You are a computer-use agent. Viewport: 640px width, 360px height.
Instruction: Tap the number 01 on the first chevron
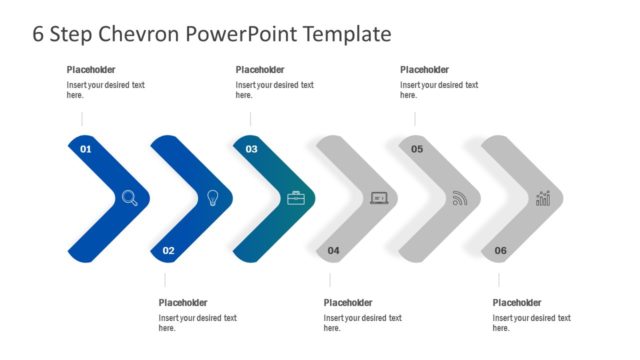pos(86,149)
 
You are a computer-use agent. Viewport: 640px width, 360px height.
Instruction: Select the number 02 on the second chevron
pos(168,250)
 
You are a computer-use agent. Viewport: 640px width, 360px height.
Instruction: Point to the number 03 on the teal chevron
pos(251,149)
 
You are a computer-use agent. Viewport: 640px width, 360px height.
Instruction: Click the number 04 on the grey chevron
pos(333,250)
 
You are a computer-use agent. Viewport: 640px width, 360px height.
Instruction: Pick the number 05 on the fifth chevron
pos(417,149)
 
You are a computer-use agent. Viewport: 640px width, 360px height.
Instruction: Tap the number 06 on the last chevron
pos(500,250)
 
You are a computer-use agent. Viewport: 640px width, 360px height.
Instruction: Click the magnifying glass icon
pos(130,198)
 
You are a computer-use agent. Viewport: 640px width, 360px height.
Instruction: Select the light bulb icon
pos(213,198)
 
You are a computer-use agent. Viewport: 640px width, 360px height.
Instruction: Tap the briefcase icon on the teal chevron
pos(296,198)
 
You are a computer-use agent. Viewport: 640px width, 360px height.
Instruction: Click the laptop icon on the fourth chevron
pos(379,198)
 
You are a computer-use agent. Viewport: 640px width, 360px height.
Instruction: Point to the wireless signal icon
pos(460,198)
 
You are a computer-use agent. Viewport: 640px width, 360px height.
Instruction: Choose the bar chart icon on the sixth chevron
pos(543,198)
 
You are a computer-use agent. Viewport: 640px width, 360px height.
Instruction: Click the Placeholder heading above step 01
pos(91,70)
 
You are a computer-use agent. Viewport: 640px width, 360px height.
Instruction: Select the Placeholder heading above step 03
pos(260,70)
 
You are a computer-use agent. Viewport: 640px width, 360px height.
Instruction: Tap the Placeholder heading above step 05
pos(425,70)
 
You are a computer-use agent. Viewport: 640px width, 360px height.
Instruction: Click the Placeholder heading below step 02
pos(183,303)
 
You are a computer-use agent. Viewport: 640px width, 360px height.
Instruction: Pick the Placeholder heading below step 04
pos(348,303)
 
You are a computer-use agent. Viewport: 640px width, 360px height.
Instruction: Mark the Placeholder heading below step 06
pos(517,303)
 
